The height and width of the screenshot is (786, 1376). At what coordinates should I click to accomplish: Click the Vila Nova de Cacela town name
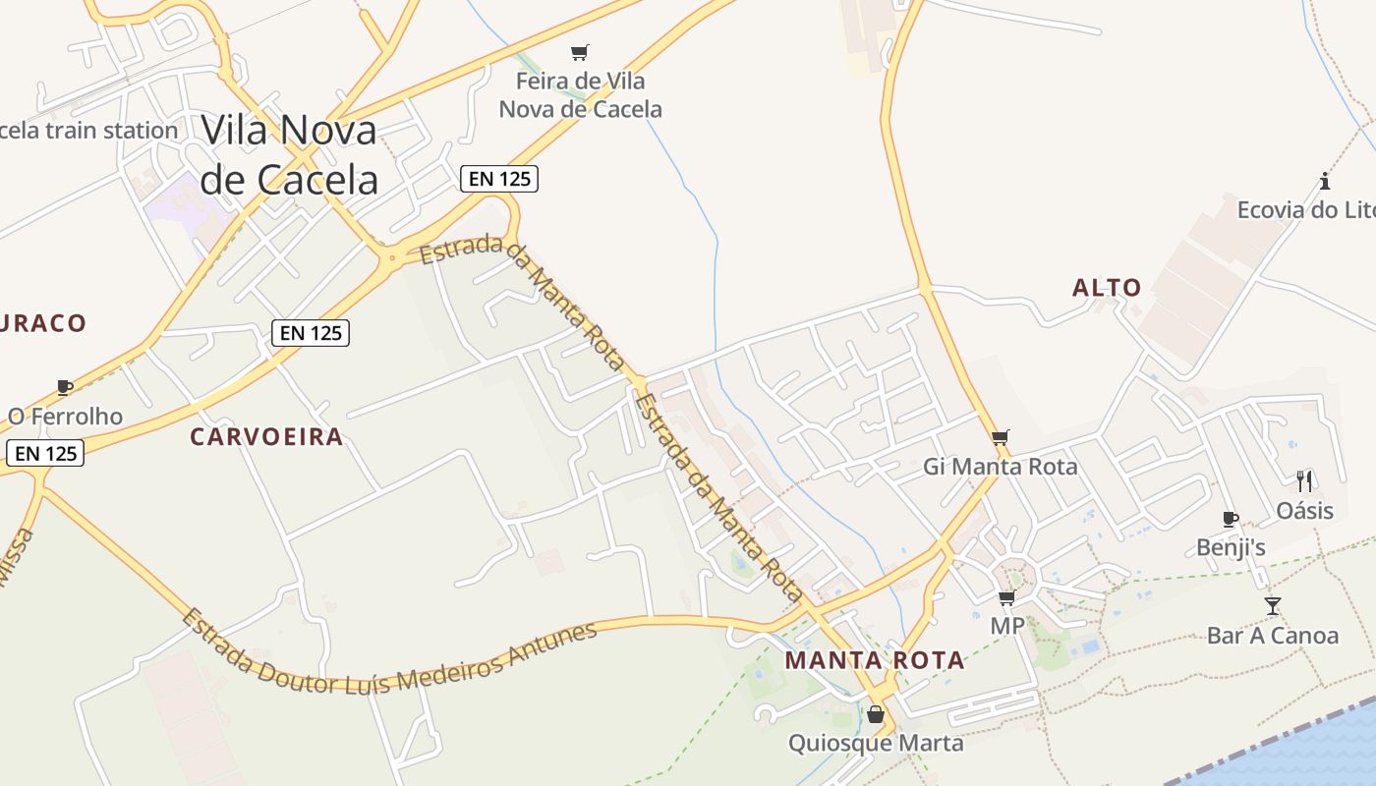click(x=289, y=155)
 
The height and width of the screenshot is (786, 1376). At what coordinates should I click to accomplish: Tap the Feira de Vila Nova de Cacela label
click(x=580, y=95)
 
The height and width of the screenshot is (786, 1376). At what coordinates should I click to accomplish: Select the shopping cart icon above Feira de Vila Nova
click(x=580, y=52)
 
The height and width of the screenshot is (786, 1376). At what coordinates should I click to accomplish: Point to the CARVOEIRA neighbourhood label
click(x=266, y=437)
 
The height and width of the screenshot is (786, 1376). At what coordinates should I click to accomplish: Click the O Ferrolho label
click(x=65, y=417)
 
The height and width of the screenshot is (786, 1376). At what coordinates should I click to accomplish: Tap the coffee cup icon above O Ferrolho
click(x=65, y=387)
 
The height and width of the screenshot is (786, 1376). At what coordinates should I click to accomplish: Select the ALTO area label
click(x=1107, y=288)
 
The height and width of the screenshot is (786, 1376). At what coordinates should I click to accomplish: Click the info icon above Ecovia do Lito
click(x=1325, y=181)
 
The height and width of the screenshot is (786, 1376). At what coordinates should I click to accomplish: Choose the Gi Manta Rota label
click(x=1001, y=467)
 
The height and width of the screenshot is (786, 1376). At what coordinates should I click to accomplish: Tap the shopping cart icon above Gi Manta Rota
click(x=1001, y=437)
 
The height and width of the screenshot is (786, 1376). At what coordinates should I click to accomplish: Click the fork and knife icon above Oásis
click(x=1304, y=480)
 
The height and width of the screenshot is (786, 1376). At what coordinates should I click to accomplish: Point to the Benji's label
click(x=1231, y=547)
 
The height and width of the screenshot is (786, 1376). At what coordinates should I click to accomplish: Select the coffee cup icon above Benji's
click(x=1230, y=519)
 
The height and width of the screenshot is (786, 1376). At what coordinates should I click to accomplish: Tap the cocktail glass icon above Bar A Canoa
click(x=1273, y=605)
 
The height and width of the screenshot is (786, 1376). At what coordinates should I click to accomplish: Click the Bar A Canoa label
click(x=1273, y=636)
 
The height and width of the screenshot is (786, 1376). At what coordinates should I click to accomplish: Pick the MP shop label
click(x=1007, y=626)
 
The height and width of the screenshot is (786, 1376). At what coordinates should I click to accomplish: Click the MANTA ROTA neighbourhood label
click(x=875, y=661)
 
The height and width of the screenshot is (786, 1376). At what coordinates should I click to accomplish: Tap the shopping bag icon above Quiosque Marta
click(x=876, y=714)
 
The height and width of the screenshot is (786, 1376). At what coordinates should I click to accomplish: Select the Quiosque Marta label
click(x=876, y=743)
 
